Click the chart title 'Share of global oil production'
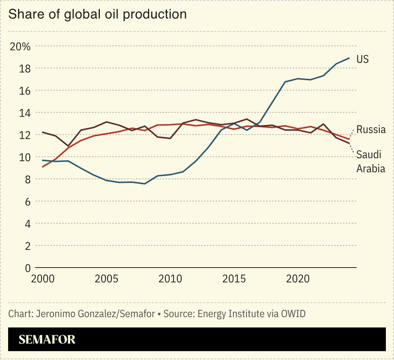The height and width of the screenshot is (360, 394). coord(97,14)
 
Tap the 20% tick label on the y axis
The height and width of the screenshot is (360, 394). coord(20,47)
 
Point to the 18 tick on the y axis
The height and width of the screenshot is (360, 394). coord(25,69)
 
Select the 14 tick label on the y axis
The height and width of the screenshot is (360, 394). coord(25,113)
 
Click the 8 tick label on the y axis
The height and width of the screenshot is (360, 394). coord(27,179)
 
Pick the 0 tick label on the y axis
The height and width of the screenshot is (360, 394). coord(27,268)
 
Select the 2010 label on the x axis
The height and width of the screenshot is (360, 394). coord(170,279)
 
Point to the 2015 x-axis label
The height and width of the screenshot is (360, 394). coord(234,279)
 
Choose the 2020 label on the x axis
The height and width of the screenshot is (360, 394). coord(298,279)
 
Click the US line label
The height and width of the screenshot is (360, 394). coord(362,59)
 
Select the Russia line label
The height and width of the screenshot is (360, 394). coord(371,129)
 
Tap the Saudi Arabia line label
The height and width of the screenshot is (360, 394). coord(370,162)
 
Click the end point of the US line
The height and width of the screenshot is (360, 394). coord(349,58)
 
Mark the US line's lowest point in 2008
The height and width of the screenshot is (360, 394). coord(145,184)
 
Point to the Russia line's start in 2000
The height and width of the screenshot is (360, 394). coord(43,167)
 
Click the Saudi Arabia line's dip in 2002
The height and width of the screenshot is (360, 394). coord(68,146)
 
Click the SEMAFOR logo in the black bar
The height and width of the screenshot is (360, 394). coord(47,339)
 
